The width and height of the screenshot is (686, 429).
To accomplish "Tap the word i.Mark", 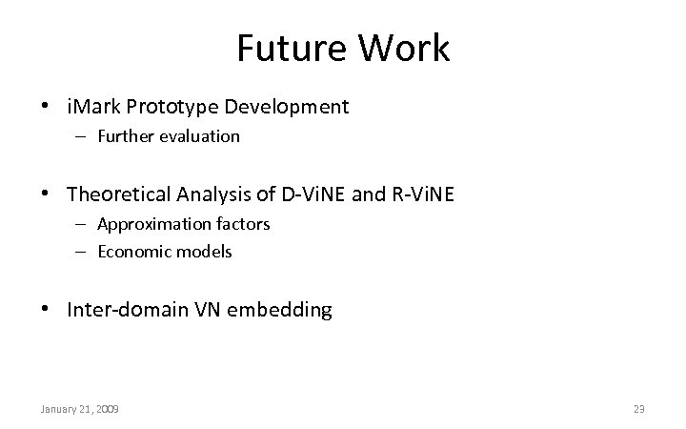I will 93,107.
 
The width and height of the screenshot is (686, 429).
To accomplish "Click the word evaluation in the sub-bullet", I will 199,136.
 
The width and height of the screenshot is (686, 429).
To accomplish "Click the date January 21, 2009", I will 79,409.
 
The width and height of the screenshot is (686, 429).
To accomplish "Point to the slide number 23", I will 639,409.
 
